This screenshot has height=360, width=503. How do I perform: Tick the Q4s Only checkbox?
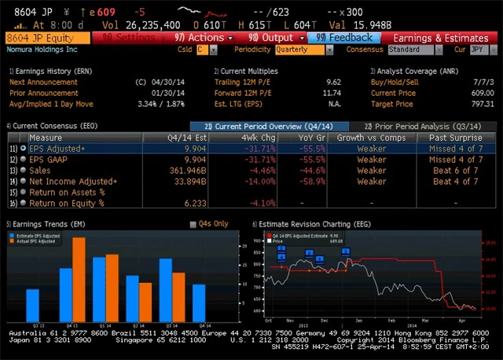click(193, 224)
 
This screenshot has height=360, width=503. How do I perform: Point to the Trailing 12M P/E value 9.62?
click(333, 82)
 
